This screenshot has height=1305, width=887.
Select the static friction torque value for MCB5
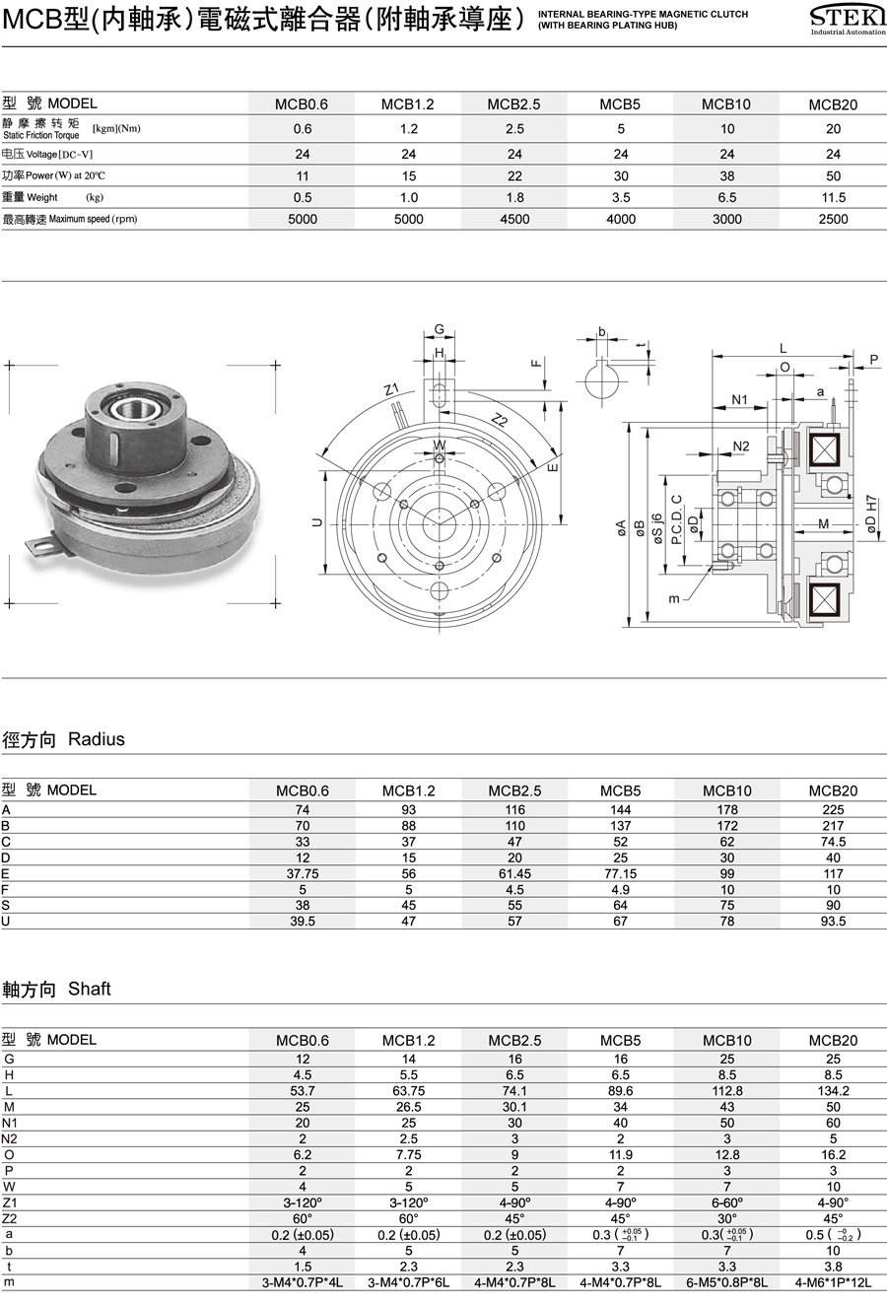tap(621, 129)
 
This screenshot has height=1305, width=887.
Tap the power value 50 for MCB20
tap(834, 176)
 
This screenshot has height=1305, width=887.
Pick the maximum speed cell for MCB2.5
tap(514, 220)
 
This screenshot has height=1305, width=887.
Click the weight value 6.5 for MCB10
tap(727, 198)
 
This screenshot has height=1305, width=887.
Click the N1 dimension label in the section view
tap(740, 400)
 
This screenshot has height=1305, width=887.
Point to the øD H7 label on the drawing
tap(871, 515)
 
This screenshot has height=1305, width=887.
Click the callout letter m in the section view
tap(674, 598)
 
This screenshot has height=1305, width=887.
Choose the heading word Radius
tap(97, 740)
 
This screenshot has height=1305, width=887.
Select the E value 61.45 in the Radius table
tap(514, 873)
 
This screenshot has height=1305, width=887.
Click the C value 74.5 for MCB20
tap(834, 842)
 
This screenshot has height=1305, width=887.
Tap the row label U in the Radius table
tap(6, 921)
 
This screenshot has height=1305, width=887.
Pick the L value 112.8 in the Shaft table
tap(727, 1091)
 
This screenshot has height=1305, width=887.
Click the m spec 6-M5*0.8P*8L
tap(727, 1282)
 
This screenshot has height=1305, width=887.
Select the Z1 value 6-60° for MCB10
tap(727, 1202)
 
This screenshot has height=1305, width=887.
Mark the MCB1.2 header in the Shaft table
tap(409, 1041)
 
